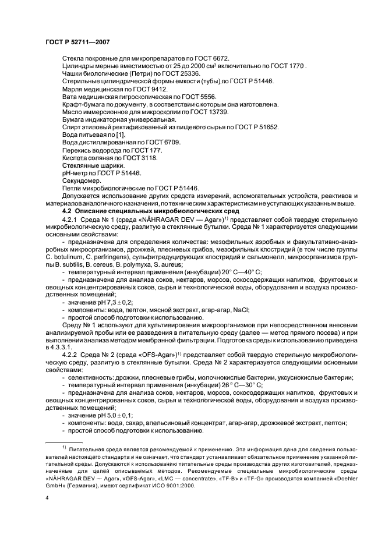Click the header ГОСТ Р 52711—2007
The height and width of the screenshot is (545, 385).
tap(77, 42)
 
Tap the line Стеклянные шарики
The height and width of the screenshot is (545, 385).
tap(89, 165)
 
